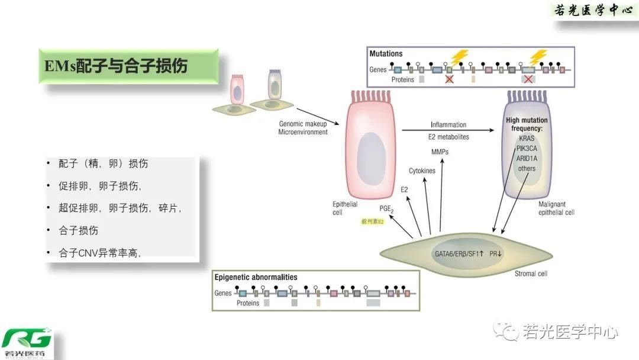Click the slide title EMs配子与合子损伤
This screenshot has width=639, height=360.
tap(116, 66)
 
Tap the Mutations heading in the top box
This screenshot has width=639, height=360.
tap(386, 54)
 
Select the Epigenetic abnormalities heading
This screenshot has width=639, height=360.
tap(256, 277)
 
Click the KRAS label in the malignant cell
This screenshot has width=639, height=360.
tap(526, 139)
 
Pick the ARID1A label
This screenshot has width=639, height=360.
tap(526, 158)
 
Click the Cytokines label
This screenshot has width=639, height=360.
tap(422, 171)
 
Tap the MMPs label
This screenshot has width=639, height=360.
tap(440, 152)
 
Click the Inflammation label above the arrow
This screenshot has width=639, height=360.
tap(448, 125)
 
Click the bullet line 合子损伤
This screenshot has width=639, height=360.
tap(79, 230)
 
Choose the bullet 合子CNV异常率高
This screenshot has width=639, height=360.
tap(99, 253)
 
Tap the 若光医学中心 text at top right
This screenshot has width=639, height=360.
tap(593, 11)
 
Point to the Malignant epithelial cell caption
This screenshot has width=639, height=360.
tap(556, 208)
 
